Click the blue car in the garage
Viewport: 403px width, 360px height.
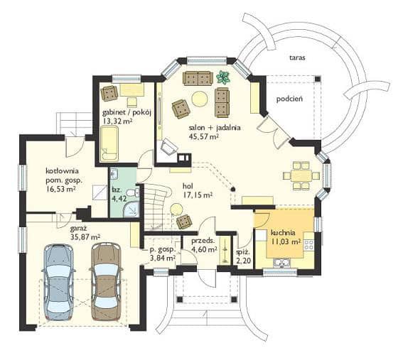click(59, 282)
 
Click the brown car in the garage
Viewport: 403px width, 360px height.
click(106, 281)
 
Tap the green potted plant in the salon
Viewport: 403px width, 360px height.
click(223, 77)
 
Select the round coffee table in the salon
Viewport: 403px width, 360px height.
click(200, 99)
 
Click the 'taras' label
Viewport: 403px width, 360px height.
click(297, 58)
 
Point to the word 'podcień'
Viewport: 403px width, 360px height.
click(289, 99)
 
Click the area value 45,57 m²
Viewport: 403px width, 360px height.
click(204, 136)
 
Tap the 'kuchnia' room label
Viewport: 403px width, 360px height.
click(283, 233)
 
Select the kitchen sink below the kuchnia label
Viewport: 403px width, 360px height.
click(281, 263)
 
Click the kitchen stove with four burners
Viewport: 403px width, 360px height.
click(308, 245)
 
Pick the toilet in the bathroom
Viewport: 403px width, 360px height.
click(134, 192)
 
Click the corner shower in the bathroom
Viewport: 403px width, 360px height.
click(131, 209)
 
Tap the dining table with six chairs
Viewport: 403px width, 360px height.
click(301, 176)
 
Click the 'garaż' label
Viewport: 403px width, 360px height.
click(78, 228)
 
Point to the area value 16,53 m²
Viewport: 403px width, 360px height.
click(60, 190)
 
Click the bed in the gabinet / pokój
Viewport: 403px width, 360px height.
click(109, 144)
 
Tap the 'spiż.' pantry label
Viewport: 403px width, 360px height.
click(242, 252)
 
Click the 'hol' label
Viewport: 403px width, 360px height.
click(188, 185)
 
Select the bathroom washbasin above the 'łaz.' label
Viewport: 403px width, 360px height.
click(113, 174)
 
